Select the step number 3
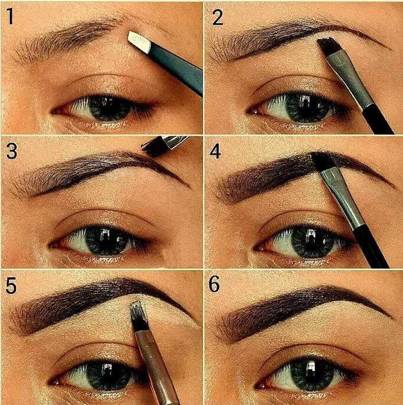click(x=12, y=151)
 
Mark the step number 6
click(x=215, y=285)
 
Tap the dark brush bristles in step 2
click(x=327, y=46)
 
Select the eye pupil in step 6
click(x=309, y=375)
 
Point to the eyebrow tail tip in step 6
click(x=390, y=317)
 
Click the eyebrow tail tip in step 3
click(x=188, y=186)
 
